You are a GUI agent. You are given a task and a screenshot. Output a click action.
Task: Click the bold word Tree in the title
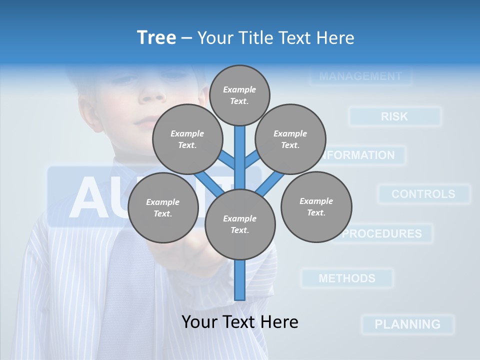156,37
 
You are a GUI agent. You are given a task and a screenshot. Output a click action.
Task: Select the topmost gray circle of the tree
239,95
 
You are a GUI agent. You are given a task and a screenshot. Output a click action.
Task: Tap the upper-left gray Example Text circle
187,139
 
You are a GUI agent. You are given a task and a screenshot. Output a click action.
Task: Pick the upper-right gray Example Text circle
290,139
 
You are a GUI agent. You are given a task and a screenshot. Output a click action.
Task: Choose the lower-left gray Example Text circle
162,207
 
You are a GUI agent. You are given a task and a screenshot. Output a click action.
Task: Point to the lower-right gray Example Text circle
316,206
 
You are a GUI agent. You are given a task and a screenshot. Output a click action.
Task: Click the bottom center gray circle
239,224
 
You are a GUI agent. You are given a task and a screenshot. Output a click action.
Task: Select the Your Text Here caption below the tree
239,322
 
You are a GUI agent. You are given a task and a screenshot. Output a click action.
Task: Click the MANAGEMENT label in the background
360,76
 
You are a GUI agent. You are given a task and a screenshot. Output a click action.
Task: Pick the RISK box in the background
394,116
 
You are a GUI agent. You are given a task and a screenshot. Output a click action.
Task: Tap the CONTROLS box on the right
423,194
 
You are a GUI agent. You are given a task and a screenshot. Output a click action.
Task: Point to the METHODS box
347,278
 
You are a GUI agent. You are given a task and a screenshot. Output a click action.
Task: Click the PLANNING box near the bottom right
407,324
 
